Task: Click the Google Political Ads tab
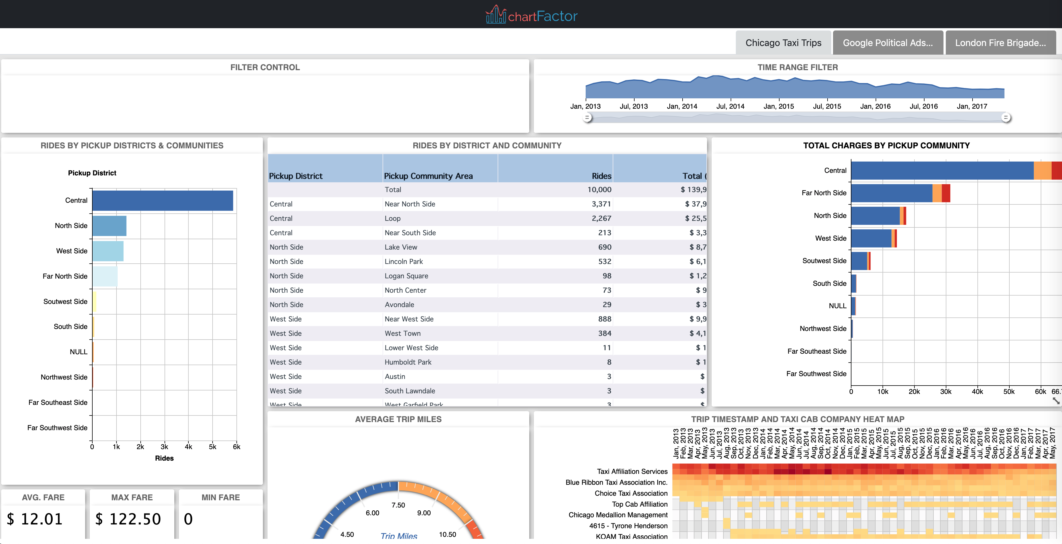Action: [888, 43]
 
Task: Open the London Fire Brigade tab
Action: [1000, 43]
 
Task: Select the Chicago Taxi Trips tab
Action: [783, 43]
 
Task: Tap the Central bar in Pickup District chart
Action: [163, 201]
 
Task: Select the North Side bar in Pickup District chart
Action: [109, 226]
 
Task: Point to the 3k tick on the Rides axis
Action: [164, 447]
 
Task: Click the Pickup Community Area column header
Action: [428, 176]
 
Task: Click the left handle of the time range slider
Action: [587, 118]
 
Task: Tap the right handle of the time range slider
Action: [1006, 118]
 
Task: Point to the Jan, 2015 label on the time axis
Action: [778, 106]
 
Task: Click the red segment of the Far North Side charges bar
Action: [946, 193]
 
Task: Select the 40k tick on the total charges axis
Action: [977, 392]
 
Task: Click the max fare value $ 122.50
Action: [128, 519]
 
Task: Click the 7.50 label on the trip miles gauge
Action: [398, 505]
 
